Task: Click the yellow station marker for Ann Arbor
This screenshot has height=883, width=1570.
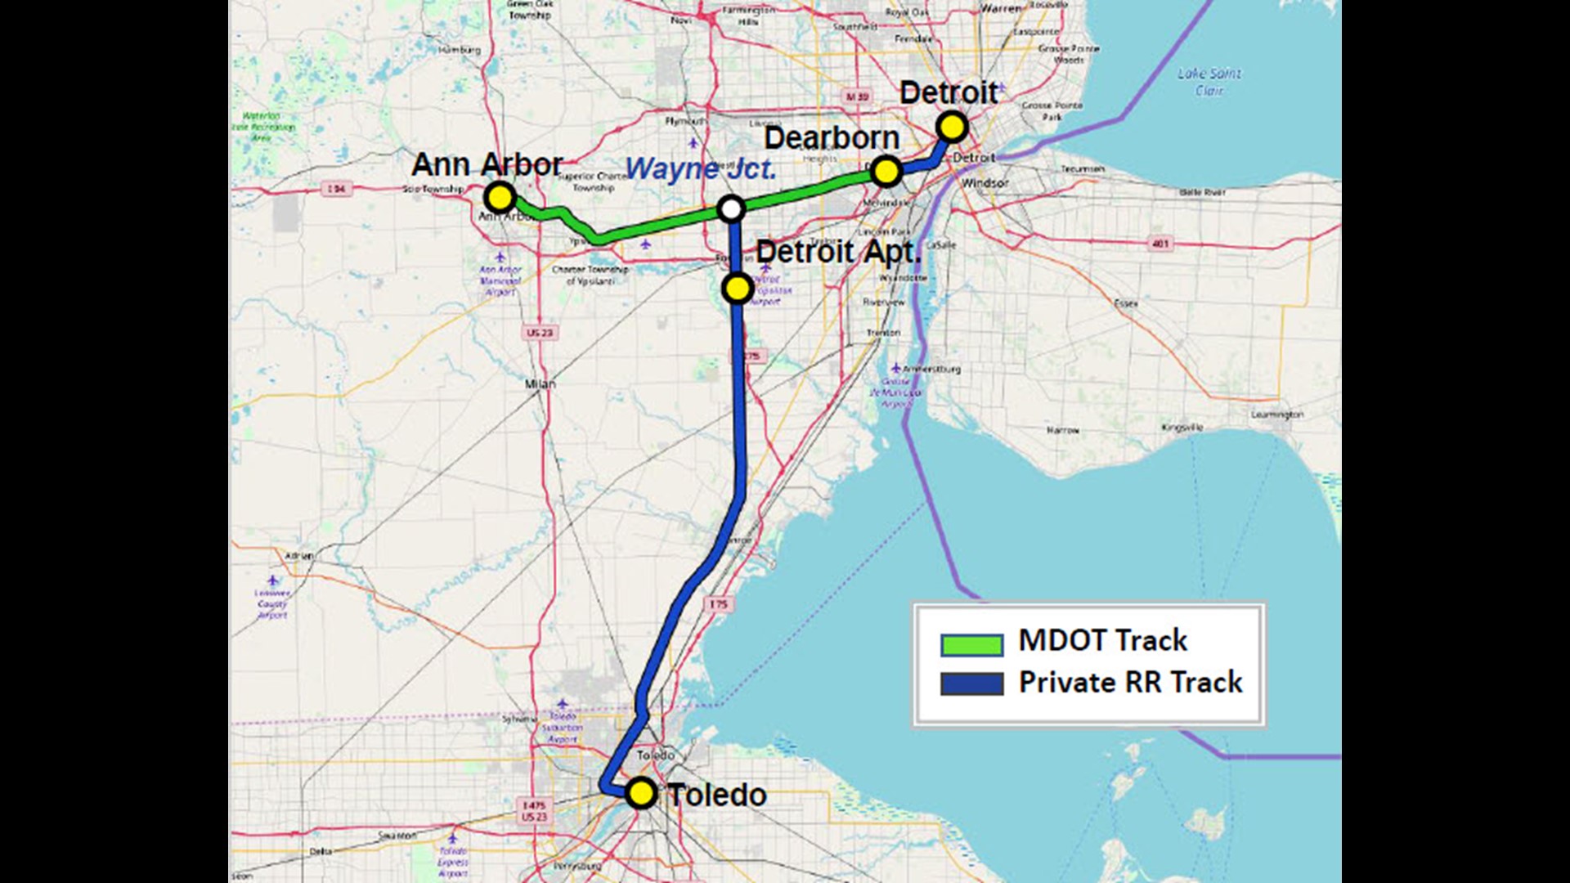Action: (499, 197)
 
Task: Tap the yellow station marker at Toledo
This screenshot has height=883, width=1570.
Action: (641, 792)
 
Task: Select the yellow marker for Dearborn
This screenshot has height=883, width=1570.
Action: (886, 172)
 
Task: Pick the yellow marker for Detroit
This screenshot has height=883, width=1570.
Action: (952, 128)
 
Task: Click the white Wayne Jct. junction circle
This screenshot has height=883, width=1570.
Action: (731, 209)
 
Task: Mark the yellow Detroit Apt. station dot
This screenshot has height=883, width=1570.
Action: (738, 288)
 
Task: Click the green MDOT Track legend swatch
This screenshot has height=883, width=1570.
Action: (971, 645)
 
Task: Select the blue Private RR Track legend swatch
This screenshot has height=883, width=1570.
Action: (971, 684)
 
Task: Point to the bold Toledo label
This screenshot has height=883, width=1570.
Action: (717, 795)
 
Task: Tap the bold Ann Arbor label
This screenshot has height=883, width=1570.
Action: (487, 164)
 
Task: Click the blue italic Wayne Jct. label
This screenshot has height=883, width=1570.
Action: (701, 169)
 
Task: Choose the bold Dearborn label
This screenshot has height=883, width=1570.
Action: (832, 138)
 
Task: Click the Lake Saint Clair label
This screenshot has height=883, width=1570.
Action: (1209, 81)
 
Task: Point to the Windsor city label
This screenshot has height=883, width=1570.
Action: (985, 183)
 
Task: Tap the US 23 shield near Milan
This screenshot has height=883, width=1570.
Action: (540, 333)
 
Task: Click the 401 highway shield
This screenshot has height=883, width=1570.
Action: (1160, 244)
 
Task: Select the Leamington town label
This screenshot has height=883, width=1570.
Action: (1276, 415)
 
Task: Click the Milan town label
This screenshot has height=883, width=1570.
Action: (540, 383)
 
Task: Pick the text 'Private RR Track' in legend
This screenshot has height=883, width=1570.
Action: (1130, 682)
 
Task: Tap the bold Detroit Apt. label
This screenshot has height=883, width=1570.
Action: (838, 252)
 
